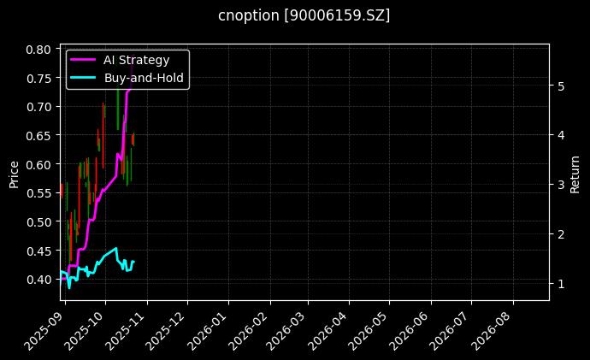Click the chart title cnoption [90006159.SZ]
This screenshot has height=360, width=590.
(x=304, y=15)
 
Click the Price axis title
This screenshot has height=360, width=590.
(x=14, y=173)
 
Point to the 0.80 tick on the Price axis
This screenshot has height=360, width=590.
(x=38, y=50)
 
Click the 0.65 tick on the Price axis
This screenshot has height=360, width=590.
(x=38, y=135)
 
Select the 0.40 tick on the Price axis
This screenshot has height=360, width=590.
(x=38, y=279)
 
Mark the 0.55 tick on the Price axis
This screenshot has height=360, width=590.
(x=38, y=193)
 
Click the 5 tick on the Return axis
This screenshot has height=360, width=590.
(x=560, y=86)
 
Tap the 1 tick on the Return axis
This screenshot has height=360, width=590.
(x=560, y=284)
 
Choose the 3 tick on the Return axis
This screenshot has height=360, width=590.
(x=560, y=185)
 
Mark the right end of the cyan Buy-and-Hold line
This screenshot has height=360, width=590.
(x=133, y=262)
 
